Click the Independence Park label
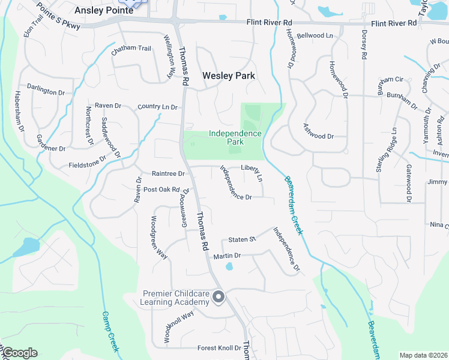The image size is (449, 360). coord(235,137)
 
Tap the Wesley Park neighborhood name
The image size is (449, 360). coord(229,76)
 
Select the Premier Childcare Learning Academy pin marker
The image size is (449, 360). coord(218,297)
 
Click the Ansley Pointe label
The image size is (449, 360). coord(103,10)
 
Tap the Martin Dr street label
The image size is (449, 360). coord(227,256)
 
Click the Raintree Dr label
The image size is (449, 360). coord(168,173)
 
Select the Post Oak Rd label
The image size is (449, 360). coord(161,190)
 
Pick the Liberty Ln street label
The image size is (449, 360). coord(252,172)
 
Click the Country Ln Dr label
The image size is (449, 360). coord(158,107)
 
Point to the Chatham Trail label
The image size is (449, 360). coord(131,48)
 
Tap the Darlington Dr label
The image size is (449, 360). coord(46,92)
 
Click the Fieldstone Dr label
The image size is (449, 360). coord(87,161)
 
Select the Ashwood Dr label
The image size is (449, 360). coord(318,136)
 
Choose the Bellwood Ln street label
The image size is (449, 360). coord(315,36)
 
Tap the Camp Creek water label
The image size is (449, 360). coord(110,328)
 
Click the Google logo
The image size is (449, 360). coord(20,353)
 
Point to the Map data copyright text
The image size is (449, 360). coord(423,355)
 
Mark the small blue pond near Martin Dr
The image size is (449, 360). coord(229,267)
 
